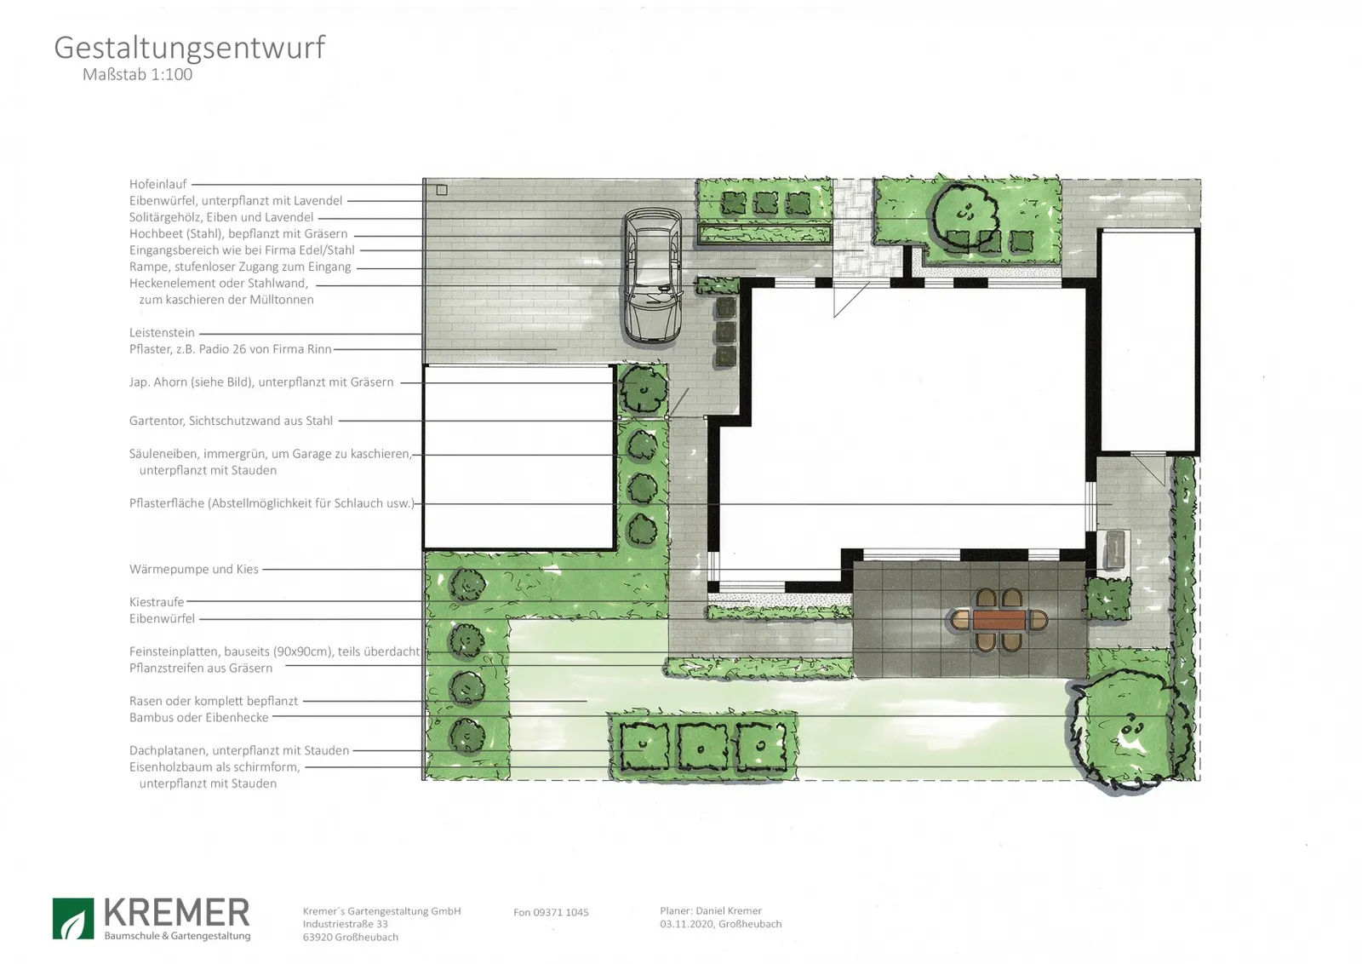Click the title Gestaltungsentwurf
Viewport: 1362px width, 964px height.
point(189,49)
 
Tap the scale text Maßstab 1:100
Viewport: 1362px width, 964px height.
point(137,74)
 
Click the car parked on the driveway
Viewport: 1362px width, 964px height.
point(653,275)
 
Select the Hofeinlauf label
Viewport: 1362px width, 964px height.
point(157,184)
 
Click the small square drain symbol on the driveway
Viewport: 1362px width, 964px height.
point(442,190)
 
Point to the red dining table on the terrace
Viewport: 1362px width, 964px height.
point(999,620)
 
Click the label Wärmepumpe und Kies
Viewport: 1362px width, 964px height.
point(193,569)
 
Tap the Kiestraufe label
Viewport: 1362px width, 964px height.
point(157,602)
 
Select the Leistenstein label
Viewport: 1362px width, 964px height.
point(162,333)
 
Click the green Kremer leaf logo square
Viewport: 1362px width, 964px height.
point(73,918)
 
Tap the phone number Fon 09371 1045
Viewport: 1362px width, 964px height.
point(551,912)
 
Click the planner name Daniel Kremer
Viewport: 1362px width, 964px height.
point(729,910)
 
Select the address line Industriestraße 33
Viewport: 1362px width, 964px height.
point(346,924)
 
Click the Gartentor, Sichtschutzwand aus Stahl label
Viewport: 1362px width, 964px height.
point(231,421)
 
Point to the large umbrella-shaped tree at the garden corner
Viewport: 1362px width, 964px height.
point(1125,729)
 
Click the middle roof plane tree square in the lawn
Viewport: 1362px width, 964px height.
point(702,747)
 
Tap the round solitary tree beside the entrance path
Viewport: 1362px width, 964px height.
point(964,212)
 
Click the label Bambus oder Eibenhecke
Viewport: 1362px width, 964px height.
point(199,718)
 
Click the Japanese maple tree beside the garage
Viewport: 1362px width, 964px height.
point(644,389)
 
